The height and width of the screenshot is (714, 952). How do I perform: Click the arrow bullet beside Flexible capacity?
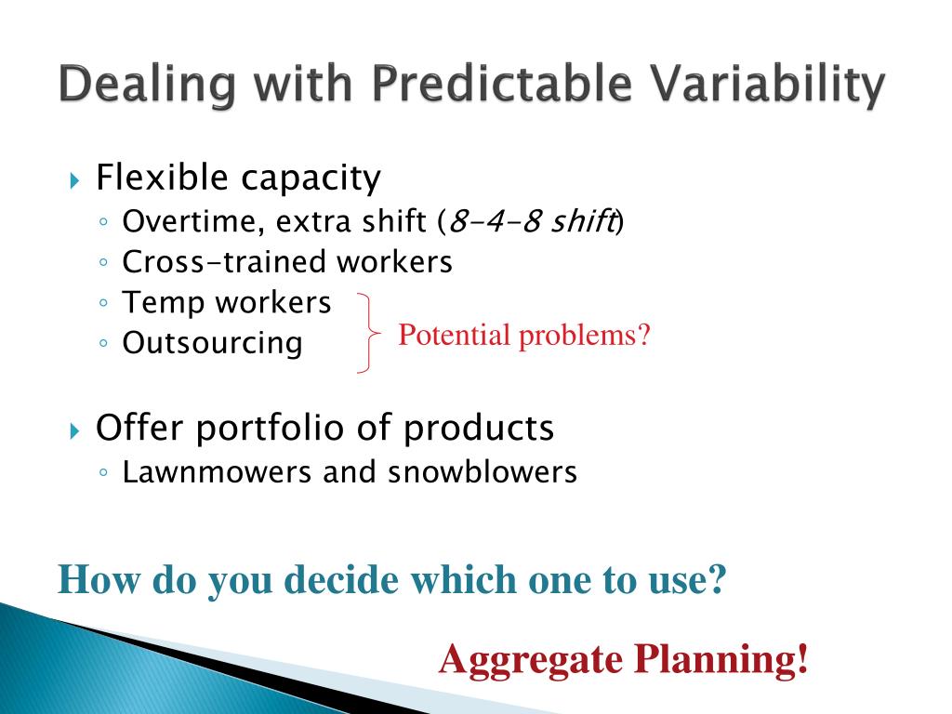[x=74, y=180]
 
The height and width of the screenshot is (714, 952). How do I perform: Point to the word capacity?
[x=311, y=179]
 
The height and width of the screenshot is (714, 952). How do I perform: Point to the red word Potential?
[x=454, y=335]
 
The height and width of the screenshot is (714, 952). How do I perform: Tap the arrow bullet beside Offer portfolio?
[x=74, y=431]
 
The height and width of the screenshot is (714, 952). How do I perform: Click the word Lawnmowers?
[x=217, y=472]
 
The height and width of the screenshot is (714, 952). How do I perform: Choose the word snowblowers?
[x=483, y=472]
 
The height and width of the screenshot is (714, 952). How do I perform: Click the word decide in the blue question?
[x=341, y=580]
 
